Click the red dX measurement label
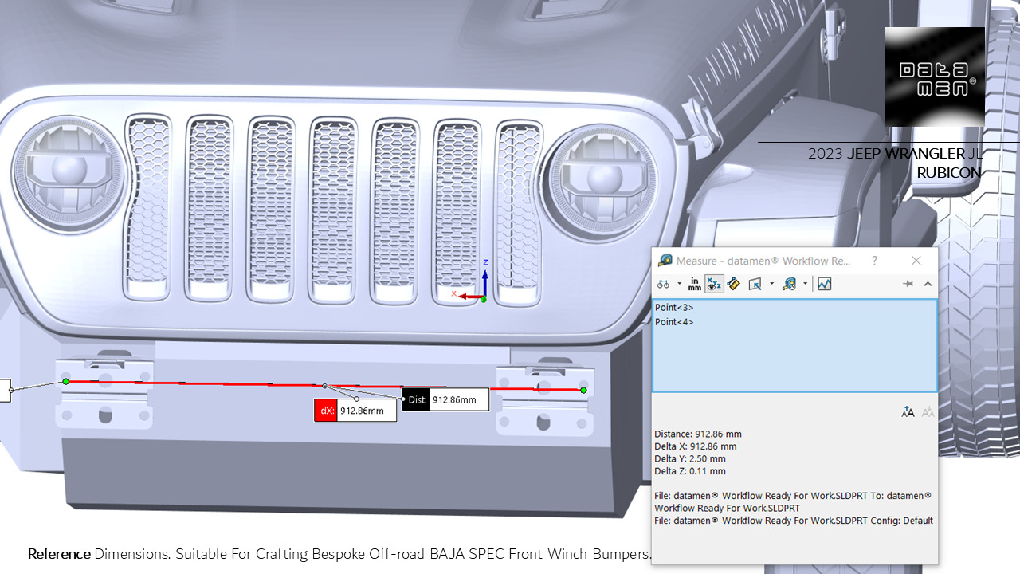point(326,411)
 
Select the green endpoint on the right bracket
point(583,390)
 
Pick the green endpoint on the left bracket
point(66,382)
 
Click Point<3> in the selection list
point(674,307)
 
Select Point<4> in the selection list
point(674,322)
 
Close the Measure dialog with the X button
point(916,261)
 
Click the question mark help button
point(874,261)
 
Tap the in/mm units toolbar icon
point(695,284)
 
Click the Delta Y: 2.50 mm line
point(690,459)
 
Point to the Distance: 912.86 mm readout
point(698,434)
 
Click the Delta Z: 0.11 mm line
point(690,471)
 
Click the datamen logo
point(935,77)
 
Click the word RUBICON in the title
point(948,173)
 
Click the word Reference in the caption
point(59,553)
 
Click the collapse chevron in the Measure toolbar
point(928,284)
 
